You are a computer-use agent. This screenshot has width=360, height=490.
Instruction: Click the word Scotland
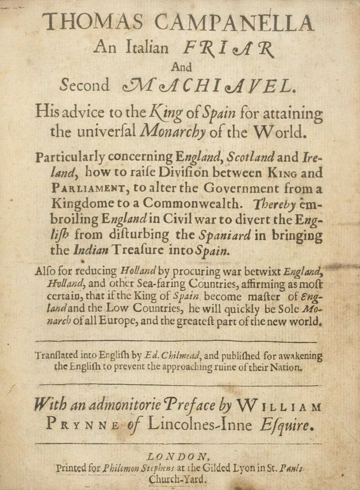(252, 158)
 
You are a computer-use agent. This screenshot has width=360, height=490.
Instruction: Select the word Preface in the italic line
(183, 405)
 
